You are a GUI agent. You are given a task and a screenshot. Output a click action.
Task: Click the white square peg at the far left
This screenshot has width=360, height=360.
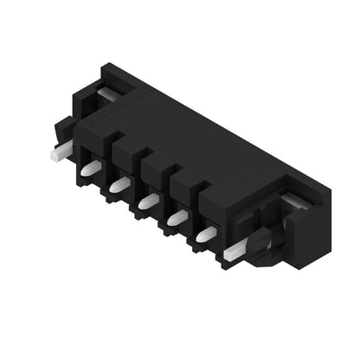(58, 155)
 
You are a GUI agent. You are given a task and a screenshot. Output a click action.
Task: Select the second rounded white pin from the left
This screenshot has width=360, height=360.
(119, 184)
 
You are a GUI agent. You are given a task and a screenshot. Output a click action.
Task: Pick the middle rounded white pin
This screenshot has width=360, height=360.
(148, 201)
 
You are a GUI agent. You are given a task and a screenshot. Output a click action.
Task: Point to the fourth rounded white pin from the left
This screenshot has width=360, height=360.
(177, 217)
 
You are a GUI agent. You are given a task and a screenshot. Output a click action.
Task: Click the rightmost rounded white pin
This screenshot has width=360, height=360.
(206, 234)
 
